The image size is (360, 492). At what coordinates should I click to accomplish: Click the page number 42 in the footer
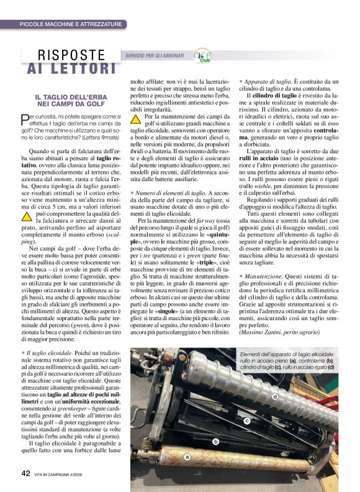[25, 473]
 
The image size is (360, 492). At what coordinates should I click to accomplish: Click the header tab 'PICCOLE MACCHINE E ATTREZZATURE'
[70, 24]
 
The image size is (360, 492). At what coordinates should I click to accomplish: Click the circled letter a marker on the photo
[186, 456]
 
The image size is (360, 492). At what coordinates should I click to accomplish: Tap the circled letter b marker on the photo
[216, 442]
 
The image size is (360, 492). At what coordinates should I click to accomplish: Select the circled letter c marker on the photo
[246, 420]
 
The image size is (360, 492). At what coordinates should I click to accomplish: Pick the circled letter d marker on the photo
[274, 396]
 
